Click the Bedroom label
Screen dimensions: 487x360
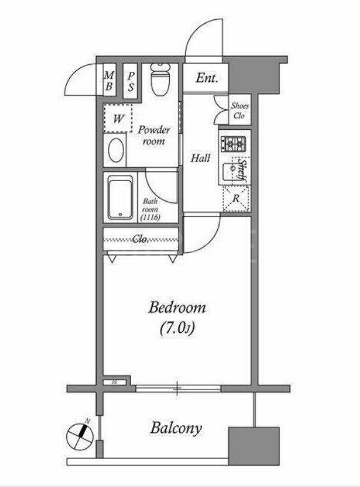[177, 307]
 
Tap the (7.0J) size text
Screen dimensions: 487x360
[177, 327]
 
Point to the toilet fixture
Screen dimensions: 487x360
[160, 79]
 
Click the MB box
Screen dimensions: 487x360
[108, 80]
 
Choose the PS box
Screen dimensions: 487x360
[132, 80]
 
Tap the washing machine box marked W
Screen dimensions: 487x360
[117, 118]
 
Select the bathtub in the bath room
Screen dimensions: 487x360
[121, 197]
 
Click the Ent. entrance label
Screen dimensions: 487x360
[206, 78]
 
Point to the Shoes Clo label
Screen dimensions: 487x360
[239, 111]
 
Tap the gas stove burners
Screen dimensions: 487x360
[233, 144]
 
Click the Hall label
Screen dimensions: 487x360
[200, 158]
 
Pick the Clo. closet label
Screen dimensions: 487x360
[141, 239]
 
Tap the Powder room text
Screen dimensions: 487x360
[153, 135]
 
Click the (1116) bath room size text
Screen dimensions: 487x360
[150, 217]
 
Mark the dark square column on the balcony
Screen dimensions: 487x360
[253, 443]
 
